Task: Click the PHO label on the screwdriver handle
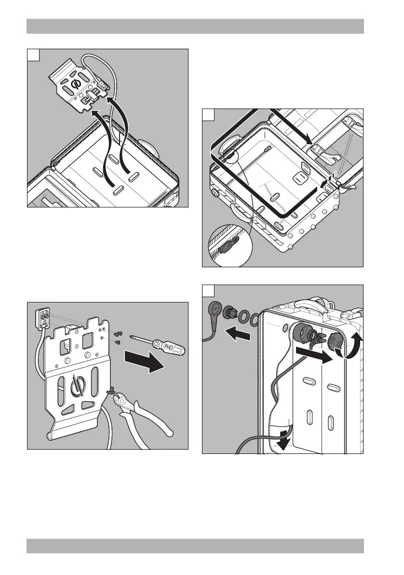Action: [x=169, y=346]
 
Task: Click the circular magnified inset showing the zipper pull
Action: [x=230, y=246]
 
